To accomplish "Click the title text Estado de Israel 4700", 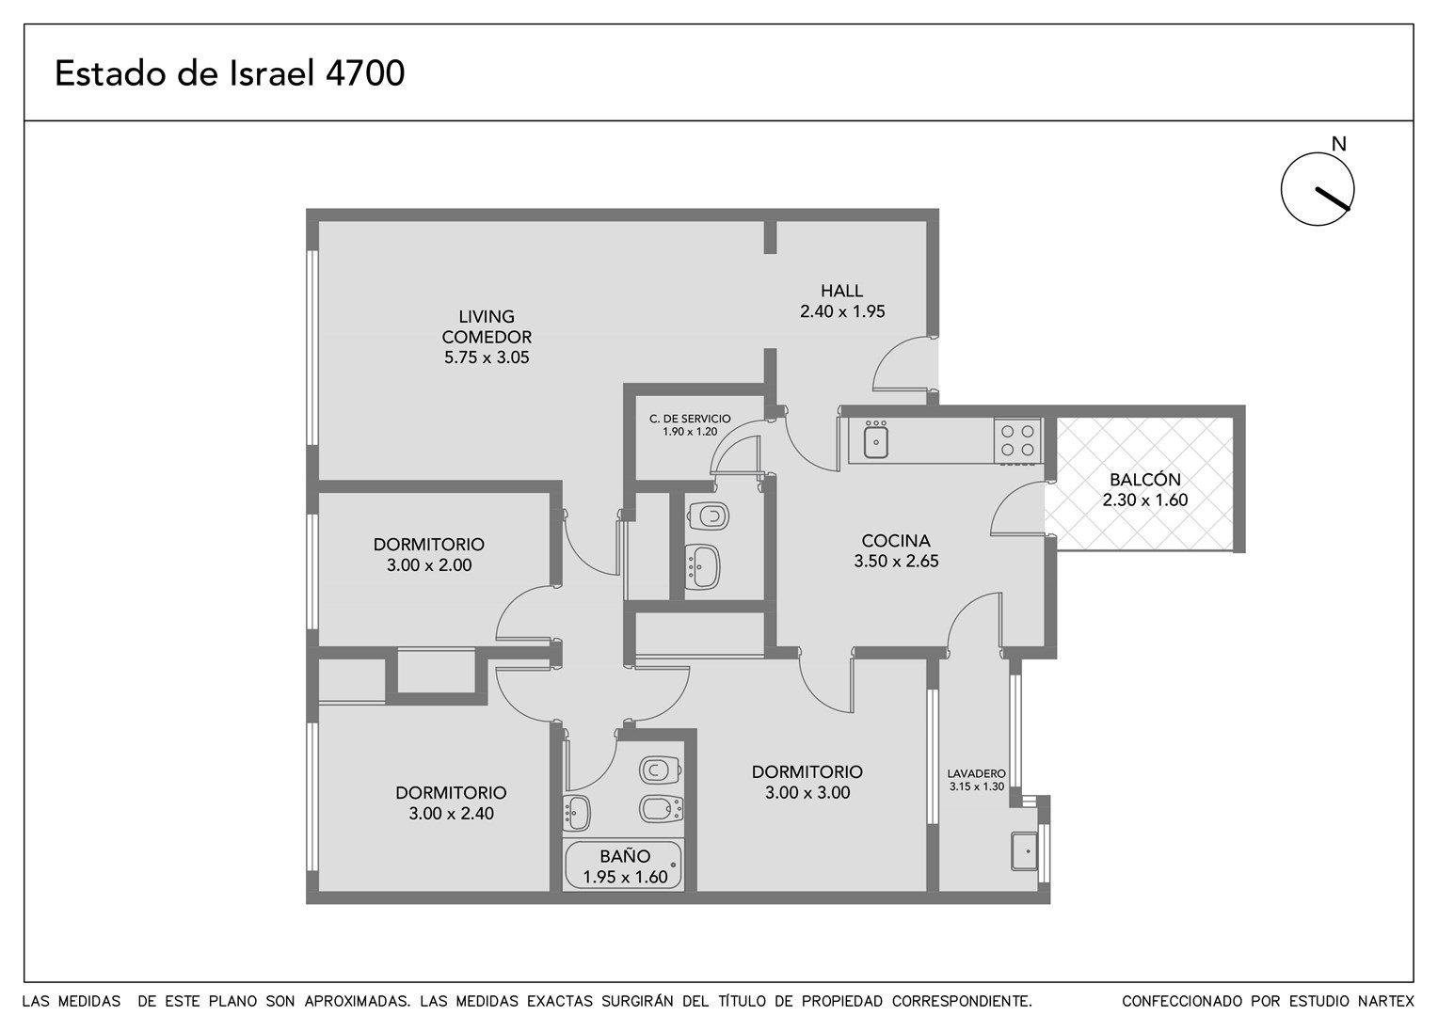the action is (230, 73).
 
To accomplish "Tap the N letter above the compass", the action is (1338, 145).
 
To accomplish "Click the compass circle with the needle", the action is (1318, 189).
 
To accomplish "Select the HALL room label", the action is (841, 291).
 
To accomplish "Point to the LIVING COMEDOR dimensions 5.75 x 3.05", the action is (487, 357).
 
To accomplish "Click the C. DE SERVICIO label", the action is (690, 419).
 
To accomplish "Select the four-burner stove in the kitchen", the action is (1017, 441).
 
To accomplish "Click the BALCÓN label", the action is (1145, 480).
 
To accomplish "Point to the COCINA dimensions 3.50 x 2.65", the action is (896, 561).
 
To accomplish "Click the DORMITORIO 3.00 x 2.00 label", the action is (429, 554).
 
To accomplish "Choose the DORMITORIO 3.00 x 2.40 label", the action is (452, 802).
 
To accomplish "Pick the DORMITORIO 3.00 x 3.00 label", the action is (807, 782).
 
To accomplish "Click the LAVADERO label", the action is (977, 774).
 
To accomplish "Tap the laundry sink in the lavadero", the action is (1024, 851).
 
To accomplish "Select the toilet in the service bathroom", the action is (708, 515).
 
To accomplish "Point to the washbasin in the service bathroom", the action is (702, 566).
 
